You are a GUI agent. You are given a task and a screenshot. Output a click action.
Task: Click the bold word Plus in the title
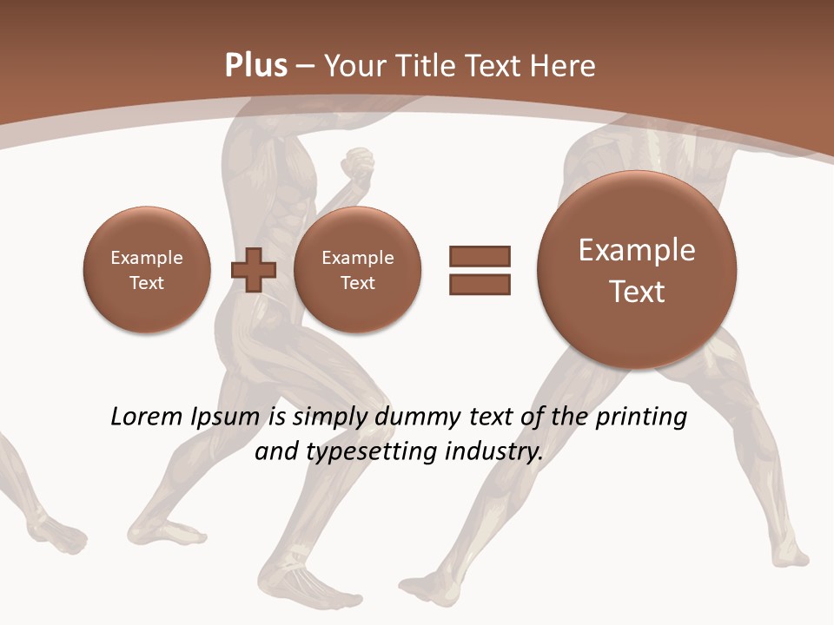[255, 66]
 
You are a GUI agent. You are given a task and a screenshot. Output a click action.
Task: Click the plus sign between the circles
[254, 270]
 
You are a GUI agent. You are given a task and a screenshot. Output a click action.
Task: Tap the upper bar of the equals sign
[480, 256]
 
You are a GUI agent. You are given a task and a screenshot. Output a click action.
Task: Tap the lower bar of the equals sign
[480, 284]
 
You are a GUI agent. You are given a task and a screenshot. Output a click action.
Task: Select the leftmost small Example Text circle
[147, 270]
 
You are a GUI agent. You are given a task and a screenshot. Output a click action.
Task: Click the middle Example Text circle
[357, 270]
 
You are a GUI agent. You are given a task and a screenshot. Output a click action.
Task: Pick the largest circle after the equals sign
[637, 270]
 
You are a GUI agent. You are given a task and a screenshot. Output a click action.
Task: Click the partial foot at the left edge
[56, 534]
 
